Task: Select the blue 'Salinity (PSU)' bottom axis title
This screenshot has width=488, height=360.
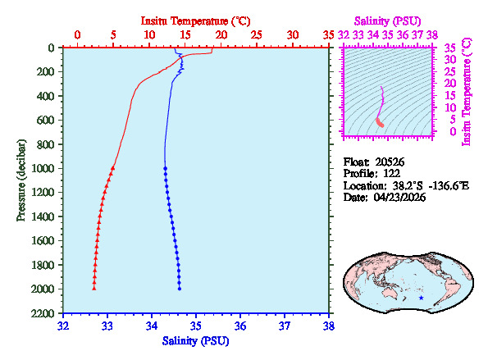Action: tap(196, 340)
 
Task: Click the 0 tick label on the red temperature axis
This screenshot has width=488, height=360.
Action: tap(77, 35)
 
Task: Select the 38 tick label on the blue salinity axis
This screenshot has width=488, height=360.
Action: tap(329, 326)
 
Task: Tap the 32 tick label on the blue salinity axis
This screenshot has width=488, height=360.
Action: tap(64, 326)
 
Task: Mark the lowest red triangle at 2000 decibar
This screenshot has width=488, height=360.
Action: tap(94, 288)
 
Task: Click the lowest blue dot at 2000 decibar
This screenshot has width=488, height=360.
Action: tap(180, 288)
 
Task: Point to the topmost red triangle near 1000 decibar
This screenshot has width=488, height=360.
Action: tap(113, 167)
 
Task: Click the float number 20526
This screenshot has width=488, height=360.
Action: tap(390, 162)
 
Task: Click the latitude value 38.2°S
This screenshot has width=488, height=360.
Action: tap(404, 186)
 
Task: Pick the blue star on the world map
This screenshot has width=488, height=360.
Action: tap(422, 298)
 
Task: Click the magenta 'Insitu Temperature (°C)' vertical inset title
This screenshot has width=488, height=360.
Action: tap(467, 90)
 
